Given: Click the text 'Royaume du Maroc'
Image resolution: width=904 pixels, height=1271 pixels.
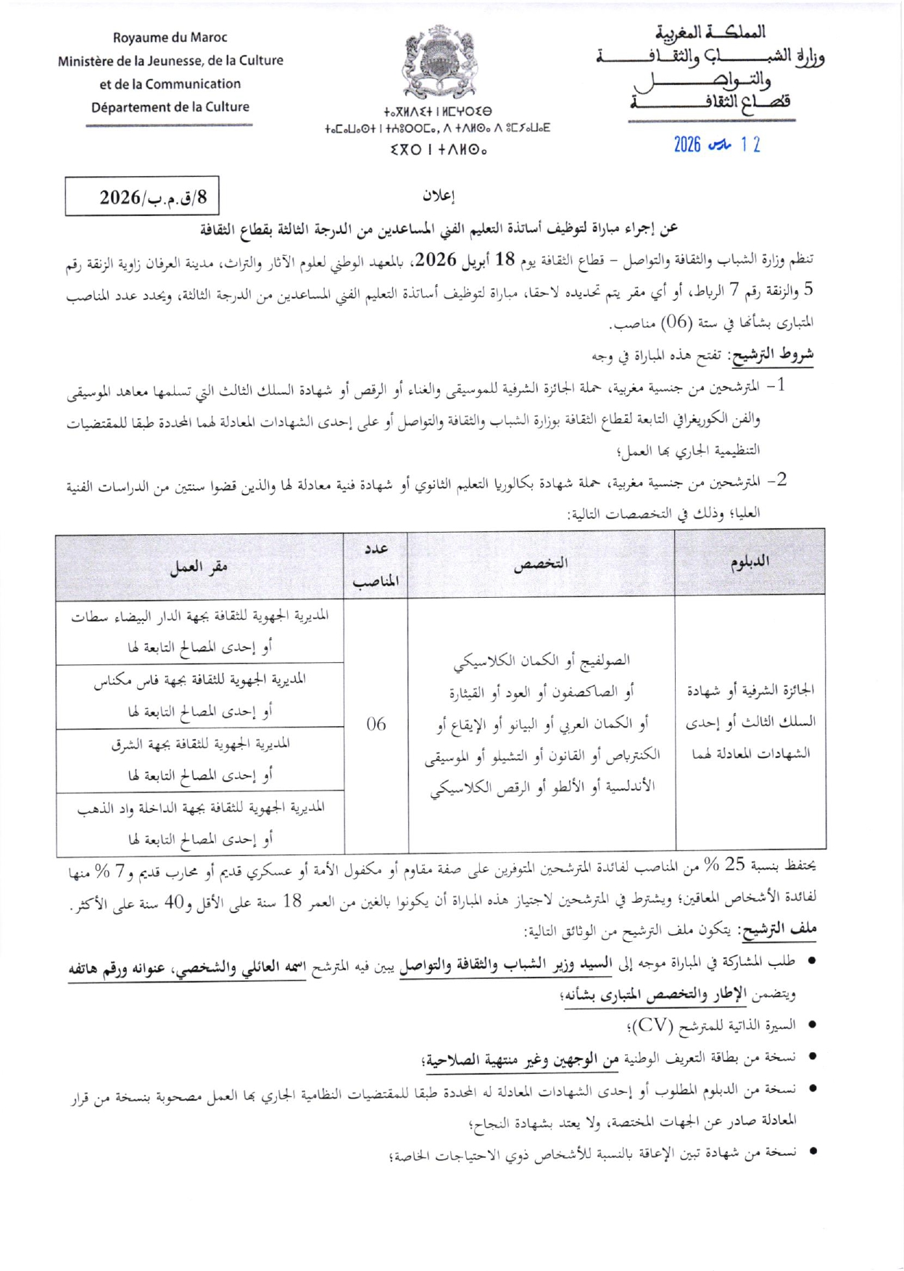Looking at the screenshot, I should click(x=170, y=38).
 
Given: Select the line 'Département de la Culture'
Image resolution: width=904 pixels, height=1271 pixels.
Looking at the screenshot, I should click(x=170, y=107).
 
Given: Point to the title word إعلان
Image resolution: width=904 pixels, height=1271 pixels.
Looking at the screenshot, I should click(x=438, y=196).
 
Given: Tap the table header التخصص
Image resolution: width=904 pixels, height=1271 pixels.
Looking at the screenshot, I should click(x=540, y=564).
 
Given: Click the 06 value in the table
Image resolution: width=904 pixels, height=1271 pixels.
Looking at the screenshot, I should click(x=376, y=723).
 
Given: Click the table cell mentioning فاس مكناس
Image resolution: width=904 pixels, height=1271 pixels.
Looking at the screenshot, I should click(x=199, y=695).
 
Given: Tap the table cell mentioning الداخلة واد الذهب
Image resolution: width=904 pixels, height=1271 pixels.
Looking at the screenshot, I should click(x=199, y=823).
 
